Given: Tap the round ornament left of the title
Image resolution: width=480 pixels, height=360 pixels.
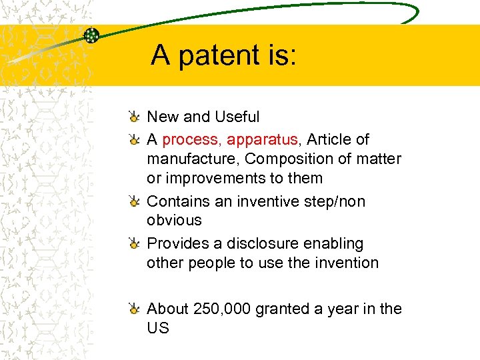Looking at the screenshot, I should [x=92, y=35].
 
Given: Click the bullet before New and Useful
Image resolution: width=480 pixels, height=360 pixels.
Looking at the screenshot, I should [x=134, y=117].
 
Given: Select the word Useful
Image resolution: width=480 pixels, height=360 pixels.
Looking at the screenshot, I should [x=237, y=117].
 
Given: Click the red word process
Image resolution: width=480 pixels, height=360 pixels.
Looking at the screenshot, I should [x=191, y=140].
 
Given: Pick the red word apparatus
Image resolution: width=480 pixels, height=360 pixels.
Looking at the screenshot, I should [x=262, y=140].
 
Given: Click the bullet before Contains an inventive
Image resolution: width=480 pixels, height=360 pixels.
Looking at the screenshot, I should [x=134, y=202].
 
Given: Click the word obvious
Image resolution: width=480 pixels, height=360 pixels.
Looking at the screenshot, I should [x=174, y=221].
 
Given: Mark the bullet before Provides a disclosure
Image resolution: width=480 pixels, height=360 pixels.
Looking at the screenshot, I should [x=134, y=244].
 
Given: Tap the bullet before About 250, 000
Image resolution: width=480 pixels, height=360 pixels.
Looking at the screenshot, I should [x=134, y=309].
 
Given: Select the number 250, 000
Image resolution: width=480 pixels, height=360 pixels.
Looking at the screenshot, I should [x=221, y=309].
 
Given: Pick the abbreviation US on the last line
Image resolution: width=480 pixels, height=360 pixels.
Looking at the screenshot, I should [x=158, y=328].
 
